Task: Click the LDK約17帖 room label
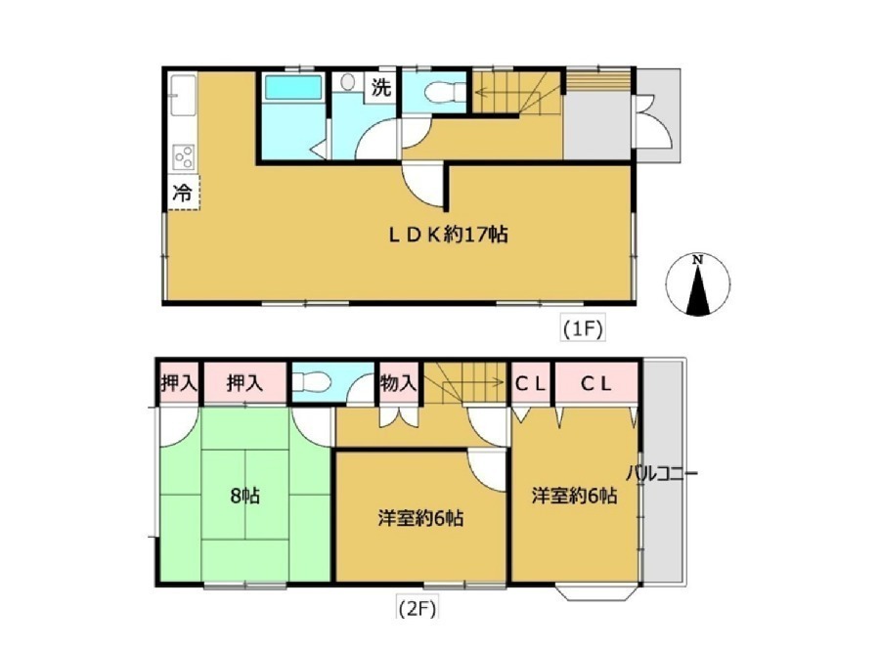pyautogui.click(x=449, y=234)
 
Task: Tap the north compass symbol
pyautogui.click(x=697, y=284)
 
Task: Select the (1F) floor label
pyautogui.click(x=583, y=328)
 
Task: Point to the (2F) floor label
pyautogui.click(x=417, y=608)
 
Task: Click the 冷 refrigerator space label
pyautogui.click(x=183, y=193)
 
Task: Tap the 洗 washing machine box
pyautogui.click(x=381, y=88)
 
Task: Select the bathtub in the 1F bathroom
pyautogui.click(x=292, y=88)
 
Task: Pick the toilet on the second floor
pyautogui.click(x=309, y=382)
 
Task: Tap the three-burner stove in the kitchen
pyautogui.click(x=184, y=156)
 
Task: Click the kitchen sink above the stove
pyautogui.click(x=183, y=95)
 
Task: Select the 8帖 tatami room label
pyautogui.click(x=244, y=496)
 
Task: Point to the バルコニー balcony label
pyautogui.click(x=662, y=473)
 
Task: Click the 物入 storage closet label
pyautogui.click(x=399, y=383)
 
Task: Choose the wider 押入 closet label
pyautogui.click(x=244, y=383)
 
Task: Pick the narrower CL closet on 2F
pyautogui.click(x=530, y=383)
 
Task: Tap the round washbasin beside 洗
pyautogui.click(x=348, y=83)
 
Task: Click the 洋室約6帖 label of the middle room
pyautogui.click(x=420, y=517)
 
